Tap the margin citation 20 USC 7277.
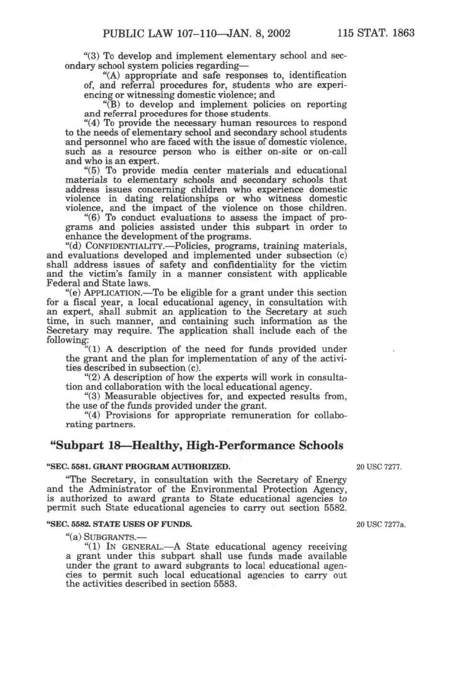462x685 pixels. pyautogui.click(x=379, y=467)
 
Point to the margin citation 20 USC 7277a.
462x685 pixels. pyautogui.click(x=380, y=524)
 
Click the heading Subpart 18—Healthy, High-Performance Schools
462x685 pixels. pyautogui.click(x=197, y=445)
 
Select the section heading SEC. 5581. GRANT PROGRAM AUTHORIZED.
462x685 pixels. pyautogui.click(x=138, y=467)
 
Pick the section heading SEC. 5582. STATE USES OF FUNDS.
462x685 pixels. pyautogui.click(x=119, y=524)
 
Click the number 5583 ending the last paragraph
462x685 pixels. pyautogui.click(x=225, y=584)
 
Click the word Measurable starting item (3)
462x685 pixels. pyautogui.click(x=131, y=396)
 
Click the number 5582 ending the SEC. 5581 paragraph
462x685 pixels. pyautogui.click(x=334, y=508)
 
